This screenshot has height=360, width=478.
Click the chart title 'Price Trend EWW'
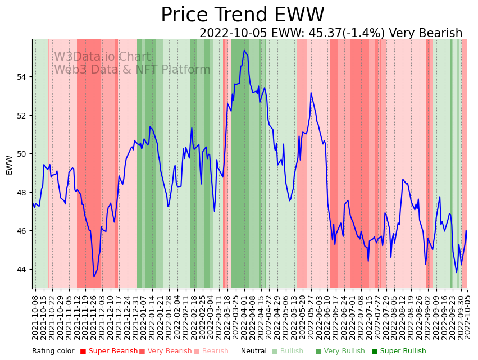tap(242, 15)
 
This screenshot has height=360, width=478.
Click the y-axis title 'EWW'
tap(9, 165)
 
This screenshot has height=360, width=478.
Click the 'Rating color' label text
tap(53, 351)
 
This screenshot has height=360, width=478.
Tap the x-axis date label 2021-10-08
tap(35, 315)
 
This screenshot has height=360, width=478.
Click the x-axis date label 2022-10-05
tap(467, 315)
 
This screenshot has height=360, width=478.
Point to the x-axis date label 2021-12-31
tap(136, 315)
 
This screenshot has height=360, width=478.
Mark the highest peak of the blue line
tap(244, 51)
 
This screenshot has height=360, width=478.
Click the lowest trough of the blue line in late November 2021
tap(94, 277)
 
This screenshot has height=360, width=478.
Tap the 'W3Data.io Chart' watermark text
tap(102, 57)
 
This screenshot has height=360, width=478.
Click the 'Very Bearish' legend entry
tap(169, 351)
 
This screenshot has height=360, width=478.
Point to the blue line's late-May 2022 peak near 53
tap(311, 93)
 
